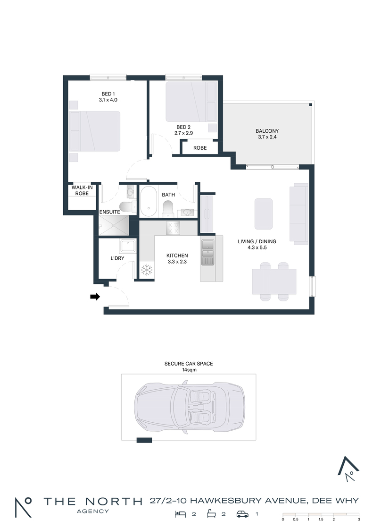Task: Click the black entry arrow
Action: (95, 297)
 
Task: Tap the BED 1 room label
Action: (108, 94)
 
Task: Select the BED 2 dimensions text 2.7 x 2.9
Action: (183, 133)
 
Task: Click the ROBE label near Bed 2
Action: (200, 148)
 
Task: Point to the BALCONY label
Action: (267, 131)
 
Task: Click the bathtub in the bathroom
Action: (148, 201)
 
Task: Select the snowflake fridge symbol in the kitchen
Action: (147, 270)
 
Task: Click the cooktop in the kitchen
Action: (173, 228)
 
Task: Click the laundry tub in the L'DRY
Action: (128, 246)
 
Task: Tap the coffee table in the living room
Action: (264, 214)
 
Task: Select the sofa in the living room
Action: (299, 214)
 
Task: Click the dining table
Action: (274, 282)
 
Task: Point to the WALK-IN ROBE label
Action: (82, 190)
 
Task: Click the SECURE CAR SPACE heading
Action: (189, 364)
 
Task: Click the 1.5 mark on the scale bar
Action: (321, 519)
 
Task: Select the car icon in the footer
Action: (242, 514)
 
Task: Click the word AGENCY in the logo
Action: (92, 511)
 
